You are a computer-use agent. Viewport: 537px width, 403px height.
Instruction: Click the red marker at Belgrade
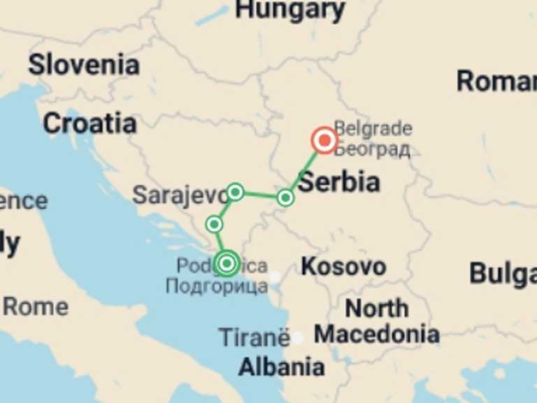click(324, 141)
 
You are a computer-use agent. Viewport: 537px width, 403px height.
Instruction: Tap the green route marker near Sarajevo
click(236, 191)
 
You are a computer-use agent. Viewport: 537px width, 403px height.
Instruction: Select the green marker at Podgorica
click(226, 263)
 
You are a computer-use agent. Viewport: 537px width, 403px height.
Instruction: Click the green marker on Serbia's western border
click(285, 197)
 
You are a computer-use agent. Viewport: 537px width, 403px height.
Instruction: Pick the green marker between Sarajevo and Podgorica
click(215, 224)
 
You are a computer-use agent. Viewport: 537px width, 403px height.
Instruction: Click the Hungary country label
click(290, 10)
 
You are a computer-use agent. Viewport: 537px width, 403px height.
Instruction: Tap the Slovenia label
click(84, 65)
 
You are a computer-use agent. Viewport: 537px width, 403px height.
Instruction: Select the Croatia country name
click(89, 124)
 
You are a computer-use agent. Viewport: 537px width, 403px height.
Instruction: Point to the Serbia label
click(340, 182)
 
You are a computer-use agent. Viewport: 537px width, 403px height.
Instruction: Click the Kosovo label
click(343, 267)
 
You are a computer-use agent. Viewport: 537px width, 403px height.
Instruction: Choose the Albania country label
click(281, 367)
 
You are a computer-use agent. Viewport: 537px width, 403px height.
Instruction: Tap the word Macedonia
click(377, 334)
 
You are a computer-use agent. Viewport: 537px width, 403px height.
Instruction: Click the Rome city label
click(36, 306)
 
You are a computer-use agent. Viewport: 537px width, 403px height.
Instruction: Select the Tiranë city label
click(254, 338)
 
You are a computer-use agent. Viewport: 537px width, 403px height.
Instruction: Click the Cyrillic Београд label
click(373, 149)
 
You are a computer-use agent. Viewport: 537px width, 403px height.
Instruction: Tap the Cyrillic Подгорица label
click(217, 285)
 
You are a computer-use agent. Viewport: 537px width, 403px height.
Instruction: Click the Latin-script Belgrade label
click(373, 129)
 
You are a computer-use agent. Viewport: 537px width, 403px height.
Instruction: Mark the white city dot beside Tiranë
click(298, 339)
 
